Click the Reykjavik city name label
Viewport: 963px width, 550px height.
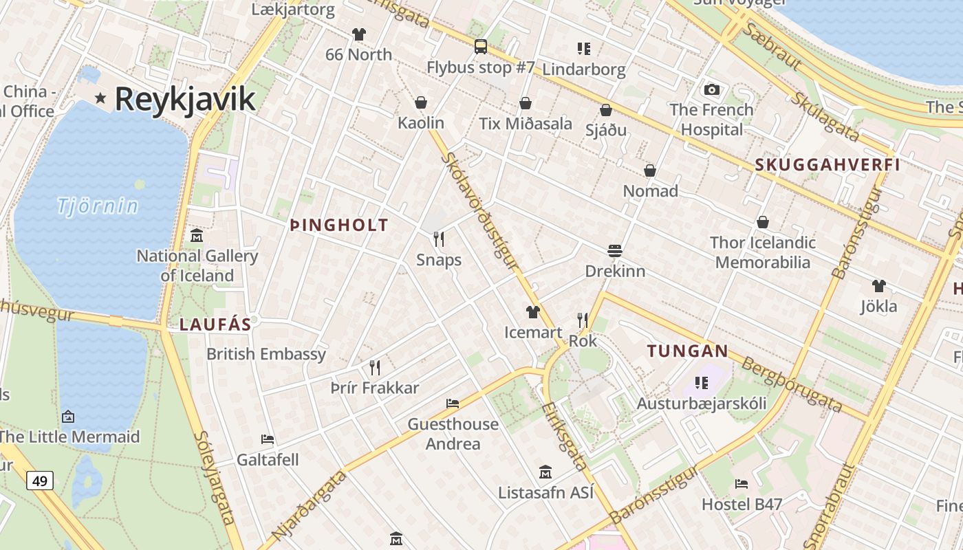tap(185, 98)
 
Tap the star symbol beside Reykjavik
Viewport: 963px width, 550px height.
tap(100, 98)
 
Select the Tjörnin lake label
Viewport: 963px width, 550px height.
tap(98, 205)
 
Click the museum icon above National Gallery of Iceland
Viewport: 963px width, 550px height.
tap(197, 236)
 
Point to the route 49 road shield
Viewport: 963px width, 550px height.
tap(40, 481)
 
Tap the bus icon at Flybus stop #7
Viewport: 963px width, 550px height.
tap(481, 47)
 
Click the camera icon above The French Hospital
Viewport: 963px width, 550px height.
tap(712, 89)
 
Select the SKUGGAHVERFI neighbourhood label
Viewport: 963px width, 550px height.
tap(827, 165)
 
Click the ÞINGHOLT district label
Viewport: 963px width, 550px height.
tap(339, 225)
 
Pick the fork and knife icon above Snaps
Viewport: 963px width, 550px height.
tap(439, 239)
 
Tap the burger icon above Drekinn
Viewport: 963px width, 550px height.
tap(615, 250)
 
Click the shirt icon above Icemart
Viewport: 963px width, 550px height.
tap(533, 312)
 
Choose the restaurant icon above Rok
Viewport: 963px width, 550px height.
tap(583, 320)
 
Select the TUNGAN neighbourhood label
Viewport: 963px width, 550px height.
tap(687, 351)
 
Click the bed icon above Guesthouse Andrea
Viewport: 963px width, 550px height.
tap(453, 403)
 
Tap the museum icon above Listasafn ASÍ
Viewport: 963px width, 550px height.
tap(545, 472)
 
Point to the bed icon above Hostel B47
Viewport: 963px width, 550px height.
tap(742, 483)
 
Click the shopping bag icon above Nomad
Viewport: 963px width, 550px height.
tap(650, 170)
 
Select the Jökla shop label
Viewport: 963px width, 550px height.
tap(878, 306)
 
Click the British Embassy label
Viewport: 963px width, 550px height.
tap(266, 354)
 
